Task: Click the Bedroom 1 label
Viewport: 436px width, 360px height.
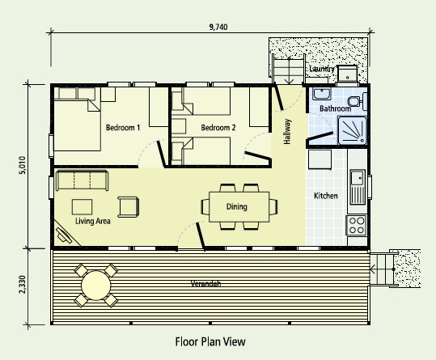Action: [x=123, y=128]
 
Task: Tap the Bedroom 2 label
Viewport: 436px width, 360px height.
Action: [x=218, y=128]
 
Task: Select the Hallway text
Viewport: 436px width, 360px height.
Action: [x=287, y=132]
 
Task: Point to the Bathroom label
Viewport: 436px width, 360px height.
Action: [x=334, y=108]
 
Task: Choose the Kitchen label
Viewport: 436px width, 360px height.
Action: [x=325, y=196]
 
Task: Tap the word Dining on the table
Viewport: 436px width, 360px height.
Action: [x=236, y=206]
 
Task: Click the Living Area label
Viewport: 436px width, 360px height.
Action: [x=92, y=220]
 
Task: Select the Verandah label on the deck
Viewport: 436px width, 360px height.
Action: [x=205, y=283]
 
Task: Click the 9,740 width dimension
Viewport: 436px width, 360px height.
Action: [x=218, y=27]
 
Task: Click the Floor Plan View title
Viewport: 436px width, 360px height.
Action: [x=210, y=341]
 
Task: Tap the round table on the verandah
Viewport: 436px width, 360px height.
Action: [x=95, y=285]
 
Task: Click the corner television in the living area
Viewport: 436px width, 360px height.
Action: [x=63, y=235]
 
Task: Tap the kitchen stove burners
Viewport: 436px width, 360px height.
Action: [x=357, y=225]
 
